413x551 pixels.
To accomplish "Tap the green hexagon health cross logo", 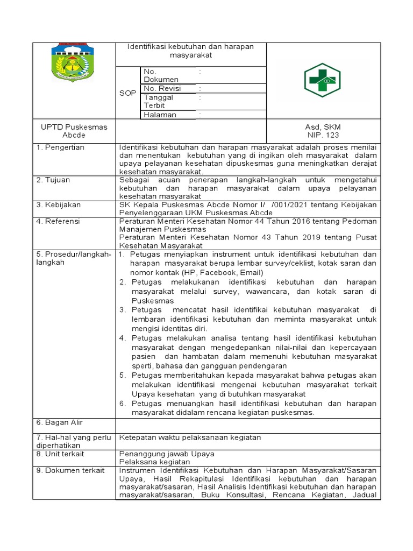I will point(323,80).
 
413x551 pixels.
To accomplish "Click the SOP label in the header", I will point(127,93).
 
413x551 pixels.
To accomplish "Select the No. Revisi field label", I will point(162,88).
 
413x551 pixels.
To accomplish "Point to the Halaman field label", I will point(160,115).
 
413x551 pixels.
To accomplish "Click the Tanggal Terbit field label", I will point(158,101).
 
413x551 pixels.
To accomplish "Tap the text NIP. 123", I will point(323,135).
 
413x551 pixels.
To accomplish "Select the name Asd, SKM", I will point(323,127).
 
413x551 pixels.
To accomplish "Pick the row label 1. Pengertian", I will point(60,147).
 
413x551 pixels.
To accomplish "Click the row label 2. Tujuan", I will point(54,180).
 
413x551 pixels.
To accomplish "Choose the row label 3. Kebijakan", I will point(58,204).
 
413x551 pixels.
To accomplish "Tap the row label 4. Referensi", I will point(58,221).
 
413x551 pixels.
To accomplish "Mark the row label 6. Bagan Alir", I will point(59,422).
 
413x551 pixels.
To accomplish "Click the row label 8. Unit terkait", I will point(60,454).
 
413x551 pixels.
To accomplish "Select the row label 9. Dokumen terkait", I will point(70,470).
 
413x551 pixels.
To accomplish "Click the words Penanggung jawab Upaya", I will point(167,454).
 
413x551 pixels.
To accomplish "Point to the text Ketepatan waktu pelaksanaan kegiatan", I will point(190,437).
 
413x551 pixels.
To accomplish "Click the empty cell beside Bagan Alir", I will point(248,425).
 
